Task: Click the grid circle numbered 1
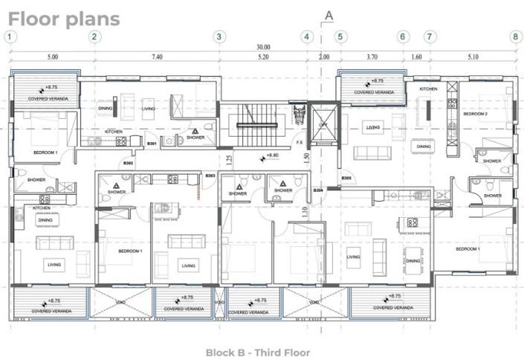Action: tap(10, 36)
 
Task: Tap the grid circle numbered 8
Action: tap(514, 36)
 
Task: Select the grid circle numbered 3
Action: tap(219, 36)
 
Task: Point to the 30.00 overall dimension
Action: tap(264, 46)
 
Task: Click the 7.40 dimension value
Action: tap(157, 57)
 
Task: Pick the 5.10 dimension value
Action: tap(473, 57)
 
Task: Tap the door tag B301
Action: tap(151, 143)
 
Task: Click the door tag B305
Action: tap(346, 179)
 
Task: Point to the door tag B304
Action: tap(318, 190)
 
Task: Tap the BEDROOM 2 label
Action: tap(476, 115)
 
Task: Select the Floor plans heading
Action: tap(64, 18)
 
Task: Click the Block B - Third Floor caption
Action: tap(258, 352)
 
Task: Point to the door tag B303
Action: tap(210, 176)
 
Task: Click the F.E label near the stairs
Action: tap(299, 142)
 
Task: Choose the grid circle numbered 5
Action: tap(340, 36)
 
